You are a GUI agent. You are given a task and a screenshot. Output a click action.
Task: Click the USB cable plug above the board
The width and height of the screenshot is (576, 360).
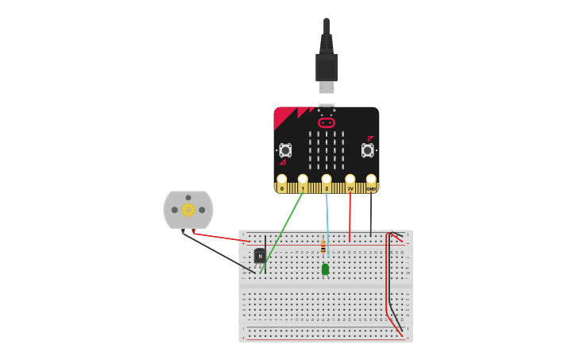click(327, 67)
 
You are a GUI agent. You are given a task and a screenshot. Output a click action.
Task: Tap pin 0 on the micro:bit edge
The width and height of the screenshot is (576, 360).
click(281, 180)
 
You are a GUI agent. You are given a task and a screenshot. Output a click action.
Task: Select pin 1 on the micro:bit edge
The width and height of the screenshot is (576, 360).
click(303, 180)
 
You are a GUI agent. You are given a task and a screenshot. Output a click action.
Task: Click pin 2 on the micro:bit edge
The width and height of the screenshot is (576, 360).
click(327, 180)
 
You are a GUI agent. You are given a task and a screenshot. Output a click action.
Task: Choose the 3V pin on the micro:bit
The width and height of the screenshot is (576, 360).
click(350, 180)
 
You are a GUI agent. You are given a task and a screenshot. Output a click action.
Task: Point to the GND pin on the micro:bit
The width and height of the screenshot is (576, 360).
click(371, 180)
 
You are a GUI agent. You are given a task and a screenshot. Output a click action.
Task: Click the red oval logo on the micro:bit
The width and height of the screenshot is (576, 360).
click(327, 122)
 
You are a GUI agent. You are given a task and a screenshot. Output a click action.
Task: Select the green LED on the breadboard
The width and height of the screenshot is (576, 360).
click(325, 269)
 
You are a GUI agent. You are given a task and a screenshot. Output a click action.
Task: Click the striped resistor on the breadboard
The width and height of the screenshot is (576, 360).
click(323, 247)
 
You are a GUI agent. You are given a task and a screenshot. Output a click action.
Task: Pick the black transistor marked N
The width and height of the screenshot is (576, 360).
click(260, 256)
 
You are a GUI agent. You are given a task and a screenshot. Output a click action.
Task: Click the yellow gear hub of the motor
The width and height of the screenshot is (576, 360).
click(188, 210)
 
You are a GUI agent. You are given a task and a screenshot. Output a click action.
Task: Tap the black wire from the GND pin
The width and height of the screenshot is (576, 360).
click(371, 215)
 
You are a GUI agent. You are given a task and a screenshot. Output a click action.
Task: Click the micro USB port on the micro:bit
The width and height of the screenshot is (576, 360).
click(327, 105)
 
